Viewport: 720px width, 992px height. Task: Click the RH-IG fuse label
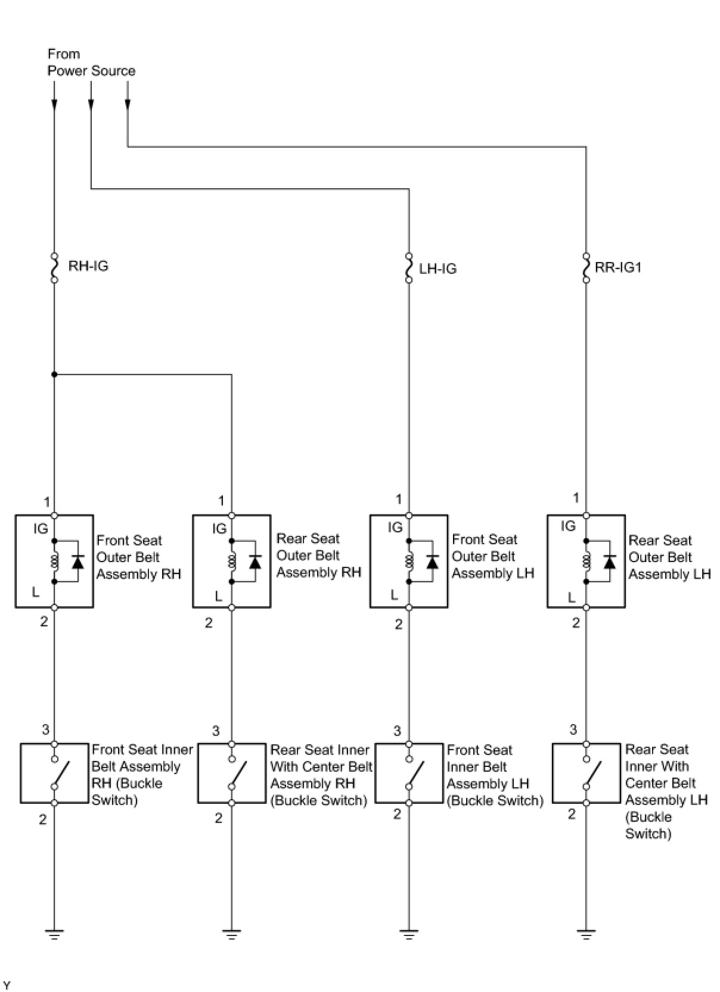point(88,266)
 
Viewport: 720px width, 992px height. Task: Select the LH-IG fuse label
point(437,269)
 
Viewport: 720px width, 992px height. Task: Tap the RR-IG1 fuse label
point(618,267)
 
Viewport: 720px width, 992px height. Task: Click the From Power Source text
point(91,63)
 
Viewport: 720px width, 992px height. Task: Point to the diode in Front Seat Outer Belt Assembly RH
point(77,561)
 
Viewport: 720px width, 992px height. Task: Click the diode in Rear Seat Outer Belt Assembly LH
point(609,561)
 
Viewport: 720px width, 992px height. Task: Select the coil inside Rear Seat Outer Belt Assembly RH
point(232,561)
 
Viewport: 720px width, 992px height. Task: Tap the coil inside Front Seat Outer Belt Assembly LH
point(409,561)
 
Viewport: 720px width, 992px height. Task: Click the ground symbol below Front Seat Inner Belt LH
point(409,935)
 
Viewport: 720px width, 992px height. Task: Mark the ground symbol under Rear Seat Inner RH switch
point(232,935)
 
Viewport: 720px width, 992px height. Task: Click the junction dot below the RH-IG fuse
point(54,375)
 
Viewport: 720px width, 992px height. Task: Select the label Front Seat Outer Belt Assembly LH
point(492,556)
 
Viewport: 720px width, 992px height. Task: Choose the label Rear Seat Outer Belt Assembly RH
point(318,556)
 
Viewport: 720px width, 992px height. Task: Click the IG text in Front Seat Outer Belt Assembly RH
point(41,529)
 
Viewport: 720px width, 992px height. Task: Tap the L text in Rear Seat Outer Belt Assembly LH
point(572,597)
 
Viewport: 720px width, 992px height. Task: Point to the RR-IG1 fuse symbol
point(586,267)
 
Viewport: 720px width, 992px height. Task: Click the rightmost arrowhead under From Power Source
point(128,105)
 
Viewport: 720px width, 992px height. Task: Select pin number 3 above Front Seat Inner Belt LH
point(397,731)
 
